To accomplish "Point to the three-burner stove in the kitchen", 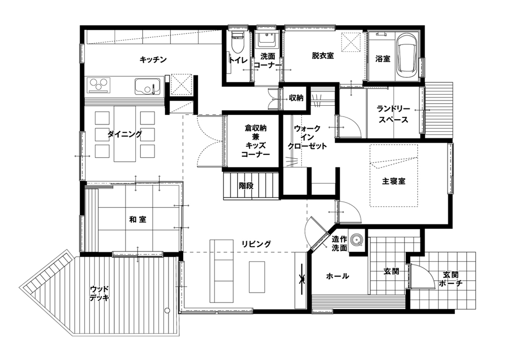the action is (x=99, y=84).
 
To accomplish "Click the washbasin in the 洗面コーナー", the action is (x=267, y=40).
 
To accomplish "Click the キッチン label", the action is (x=153, y=59).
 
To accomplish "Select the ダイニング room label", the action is (x=125, y=134).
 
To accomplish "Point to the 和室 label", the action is (x=137, y=219).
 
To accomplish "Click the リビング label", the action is (x=256, y=244).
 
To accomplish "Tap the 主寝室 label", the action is (x=394, y=181).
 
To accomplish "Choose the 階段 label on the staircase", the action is (x=246, y=186).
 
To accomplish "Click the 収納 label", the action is (x=296, y=98).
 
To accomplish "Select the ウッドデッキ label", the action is (x=99, y=293).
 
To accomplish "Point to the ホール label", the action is (x=337, y=276).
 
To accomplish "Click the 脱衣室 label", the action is (x=323, y=56).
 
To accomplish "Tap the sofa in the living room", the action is (x=222, y=271).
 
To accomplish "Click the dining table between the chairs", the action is (x=125, y=134).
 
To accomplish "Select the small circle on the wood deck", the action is (x=167, y=310).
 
